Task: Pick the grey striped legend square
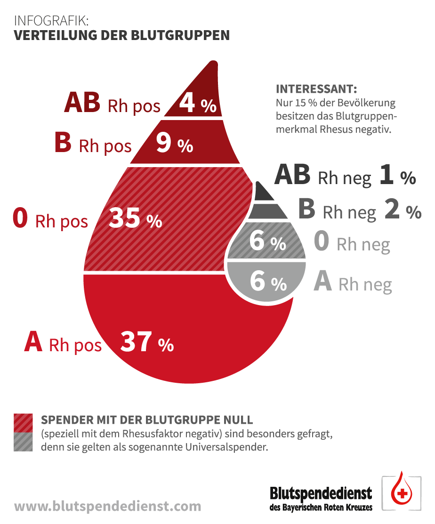click(24, 442)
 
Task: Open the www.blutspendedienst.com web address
click(108, 506)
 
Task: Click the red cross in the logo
click(402, 494)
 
